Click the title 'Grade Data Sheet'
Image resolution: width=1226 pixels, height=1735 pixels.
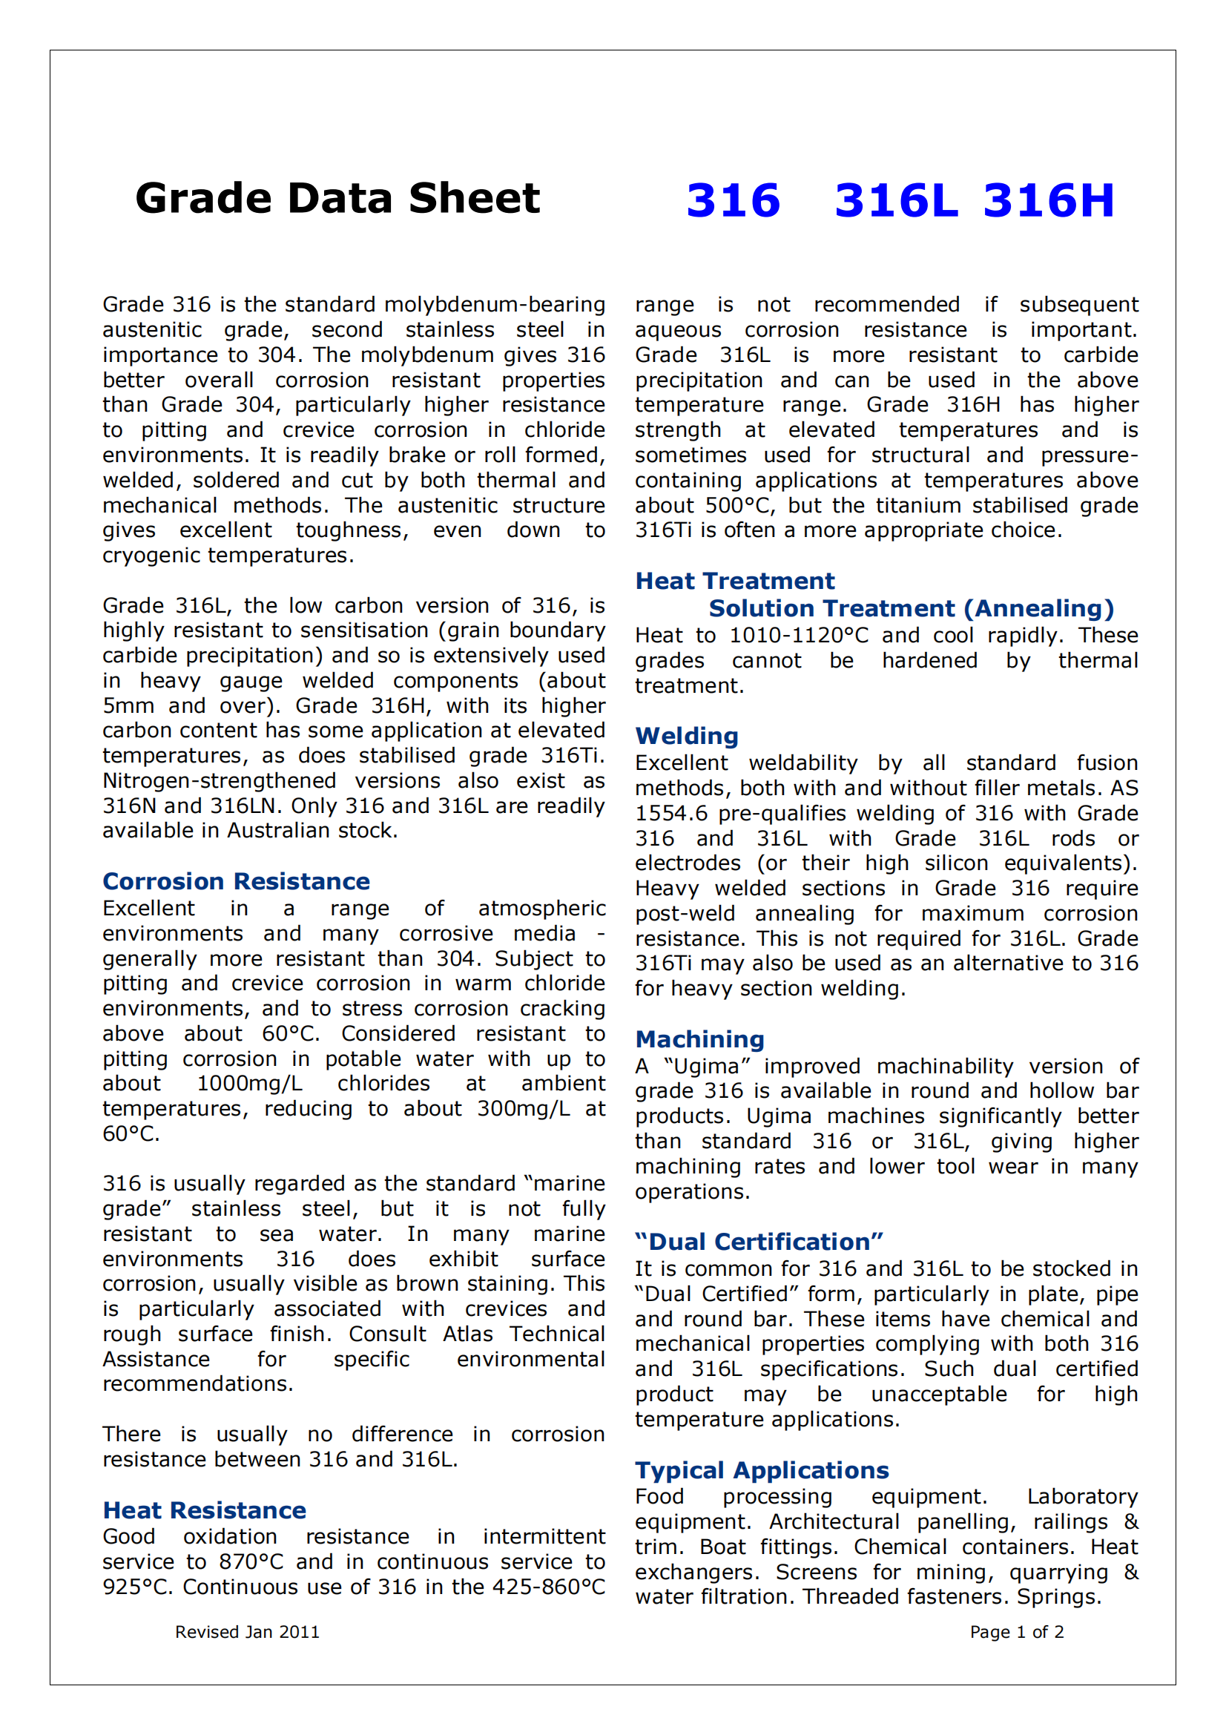(337, 199)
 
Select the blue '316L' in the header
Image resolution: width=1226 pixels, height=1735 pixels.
(895, 201)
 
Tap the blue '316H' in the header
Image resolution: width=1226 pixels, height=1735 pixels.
(1049, 201)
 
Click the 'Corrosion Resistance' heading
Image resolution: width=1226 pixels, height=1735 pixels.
(236, 881)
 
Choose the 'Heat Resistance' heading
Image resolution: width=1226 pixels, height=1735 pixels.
(204, 1510)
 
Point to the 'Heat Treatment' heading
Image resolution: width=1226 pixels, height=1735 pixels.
(734, 580)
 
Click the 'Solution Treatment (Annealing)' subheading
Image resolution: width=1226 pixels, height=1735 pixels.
(911, 608)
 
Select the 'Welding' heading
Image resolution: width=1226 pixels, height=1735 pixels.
(687, 736)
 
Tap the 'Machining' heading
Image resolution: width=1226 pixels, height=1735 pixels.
(699, 1039)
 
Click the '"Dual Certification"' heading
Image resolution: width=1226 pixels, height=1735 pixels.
(759, 1242)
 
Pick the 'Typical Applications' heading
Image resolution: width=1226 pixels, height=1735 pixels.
(762, 1469)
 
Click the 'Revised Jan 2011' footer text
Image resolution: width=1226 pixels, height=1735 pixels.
(247, 1632)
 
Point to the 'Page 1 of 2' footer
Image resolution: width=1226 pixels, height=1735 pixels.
(1017, 1632)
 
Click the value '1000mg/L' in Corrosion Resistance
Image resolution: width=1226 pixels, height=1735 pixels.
(249, 1084)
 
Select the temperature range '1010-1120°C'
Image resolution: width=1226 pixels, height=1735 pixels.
(799, 636)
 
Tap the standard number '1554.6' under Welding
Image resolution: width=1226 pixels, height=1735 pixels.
(670, 813)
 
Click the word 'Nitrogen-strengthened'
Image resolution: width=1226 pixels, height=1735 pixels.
(219, 780)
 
